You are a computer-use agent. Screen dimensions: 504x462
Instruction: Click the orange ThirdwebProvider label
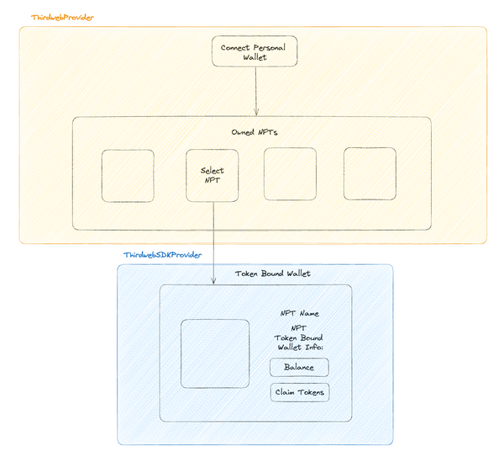point(62,18)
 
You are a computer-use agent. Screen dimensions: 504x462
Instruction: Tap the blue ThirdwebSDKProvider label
point(163,255)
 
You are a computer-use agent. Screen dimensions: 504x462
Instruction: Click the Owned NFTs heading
point(255,132)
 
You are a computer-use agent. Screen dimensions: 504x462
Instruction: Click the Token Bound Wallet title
point(272,273)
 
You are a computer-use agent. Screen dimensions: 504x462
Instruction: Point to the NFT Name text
point(300,313)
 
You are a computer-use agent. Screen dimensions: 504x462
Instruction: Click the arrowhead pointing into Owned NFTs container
point(256,112)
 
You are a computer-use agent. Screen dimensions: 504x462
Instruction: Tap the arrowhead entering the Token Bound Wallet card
point(213,280)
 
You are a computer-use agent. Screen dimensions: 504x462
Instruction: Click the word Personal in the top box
point(270,48)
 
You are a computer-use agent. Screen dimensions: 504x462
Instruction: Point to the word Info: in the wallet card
point(314,348)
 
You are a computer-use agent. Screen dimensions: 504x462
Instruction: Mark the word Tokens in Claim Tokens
point(311,392)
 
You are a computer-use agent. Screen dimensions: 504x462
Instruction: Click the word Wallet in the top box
point(255,57)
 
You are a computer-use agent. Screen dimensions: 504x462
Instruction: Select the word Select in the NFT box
point(213,170)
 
